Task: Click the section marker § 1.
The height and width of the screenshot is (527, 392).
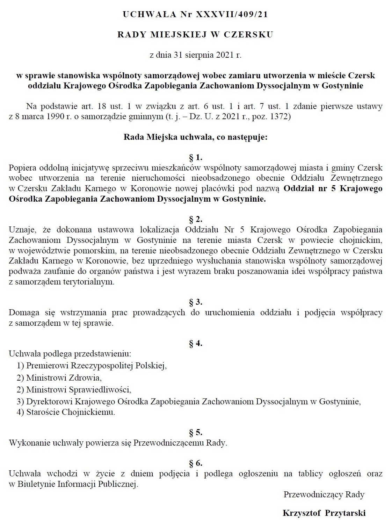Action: tap(196, 157)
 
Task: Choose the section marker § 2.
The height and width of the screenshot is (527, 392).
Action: tap(196, 219)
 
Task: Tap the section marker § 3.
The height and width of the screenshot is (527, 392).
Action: tap(196, 302)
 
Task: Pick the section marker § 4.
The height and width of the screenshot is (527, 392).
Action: tap(196, 343)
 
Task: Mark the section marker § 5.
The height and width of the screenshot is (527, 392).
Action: tap(196, 433)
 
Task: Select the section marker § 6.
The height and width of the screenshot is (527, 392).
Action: tap(196, 463)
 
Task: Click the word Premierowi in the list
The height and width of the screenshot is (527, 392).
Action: tap(48, 366)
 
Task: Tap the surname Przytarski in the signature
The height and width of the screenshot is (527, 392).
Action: tap(345, 513)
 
